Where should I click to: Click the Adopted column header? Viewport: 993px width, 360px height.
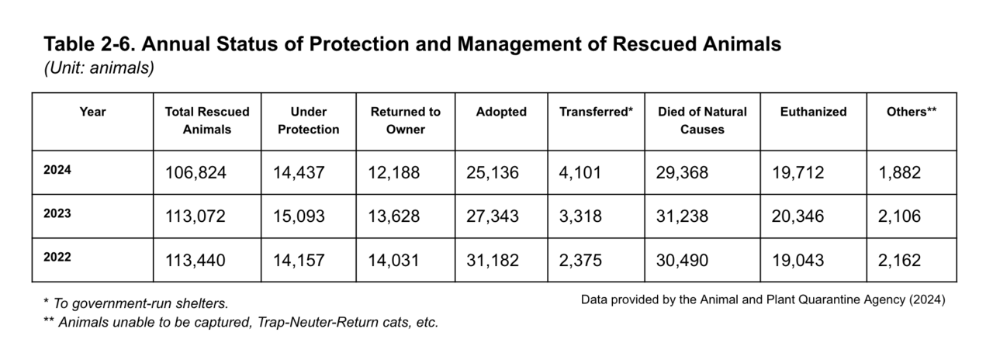pyautogui.click(x=501, y=112)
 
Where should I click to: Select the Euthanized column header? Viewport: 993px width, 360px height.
pyautogui.click(x=813, y=112)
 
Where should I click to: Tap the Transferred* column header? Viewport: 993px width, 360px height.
pyautogui.click(x=596, y=112)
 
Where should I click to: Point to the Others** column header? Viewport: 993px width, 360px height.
pyautogui.click(x=911, y=112)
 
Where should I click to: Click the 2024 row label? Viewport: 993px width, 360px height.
pyautogui.click(x=58, y=171)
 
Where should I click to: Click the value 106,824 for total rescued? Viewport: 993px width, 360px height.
pyautogui.click(x=195, y=173)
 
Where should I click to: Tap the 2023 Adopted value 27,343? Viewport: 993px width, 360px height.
pyautogui.click(x=492, y=216)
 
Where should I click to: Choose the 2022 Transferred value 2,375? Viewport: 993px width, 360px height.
pyautogui.click(x=581, y=261)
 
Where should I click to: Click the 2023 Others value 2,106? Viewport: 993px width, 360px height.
pyautogui.click(x=900, y=216)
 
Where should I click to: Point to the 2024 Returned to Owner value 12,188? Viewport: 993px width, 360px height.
pyautogui.click(x=394, y=173)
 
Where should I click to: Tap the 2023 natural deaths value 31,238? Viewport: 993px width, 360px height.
pyautogui.click(x=683, y=216)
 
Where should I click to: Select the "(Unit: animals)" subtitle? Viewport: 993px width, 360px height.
pyautogui.click(x=99, y=68)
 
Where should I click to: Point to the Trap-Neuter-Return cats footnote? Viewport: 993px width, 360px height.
pyautogui.click(x=240, y=322)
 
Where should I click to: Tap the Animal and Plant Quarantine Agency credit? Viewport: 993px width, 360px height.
pyautogui.click(x=763, y=299)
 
